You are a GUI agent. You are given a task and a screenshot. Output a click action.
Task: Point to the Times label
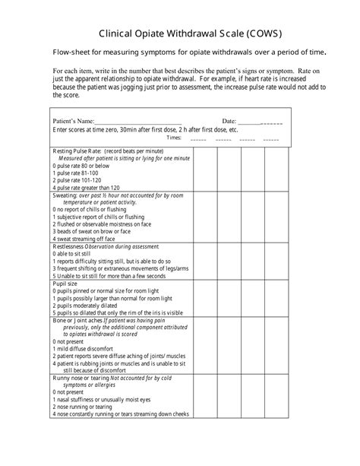[x=173, y=138]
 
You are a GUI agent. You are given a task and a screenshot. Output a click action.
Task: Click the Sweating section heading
[x=65, y=195]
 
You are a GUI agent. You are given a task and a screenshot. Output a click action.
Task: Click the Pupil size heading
[x=65, y=283]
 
